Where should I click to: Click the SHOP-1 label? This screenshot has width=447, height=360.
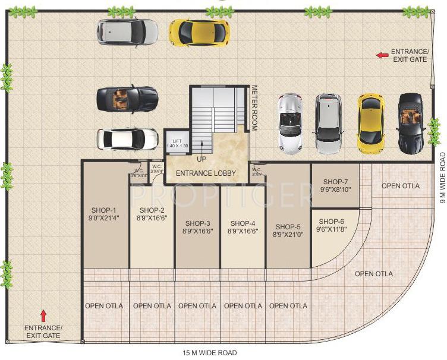[x=104, y=210]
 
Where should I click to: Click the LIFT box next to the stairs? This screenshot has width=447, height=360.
[x=177, y=143]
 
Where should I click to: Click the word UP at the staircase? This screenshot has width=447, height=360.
[x=202, y=159]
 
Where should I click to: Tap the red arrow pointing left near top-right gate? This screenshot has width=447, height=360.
[x=382, y=55]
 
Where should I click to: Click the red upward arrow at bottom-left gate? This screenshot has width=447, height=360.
[x=42, y=314]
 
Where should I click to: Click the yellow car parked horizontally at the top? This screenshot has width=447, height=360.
[x=199, y=32]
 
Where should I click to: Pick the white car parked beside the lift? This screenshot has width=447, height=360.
[x=128, y=138]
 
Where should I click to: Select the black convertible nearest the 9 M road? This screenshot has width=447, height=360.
[x=410, y=122]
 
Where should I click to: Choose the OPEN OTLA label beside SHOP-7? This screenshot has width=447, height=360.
[x=400, y=186]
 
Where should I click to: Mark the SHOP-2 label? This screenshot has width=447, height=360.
[x=152, y=210]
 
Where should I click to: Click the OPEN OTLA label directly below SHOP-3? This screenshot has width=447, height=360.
[x=197, y=306]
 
